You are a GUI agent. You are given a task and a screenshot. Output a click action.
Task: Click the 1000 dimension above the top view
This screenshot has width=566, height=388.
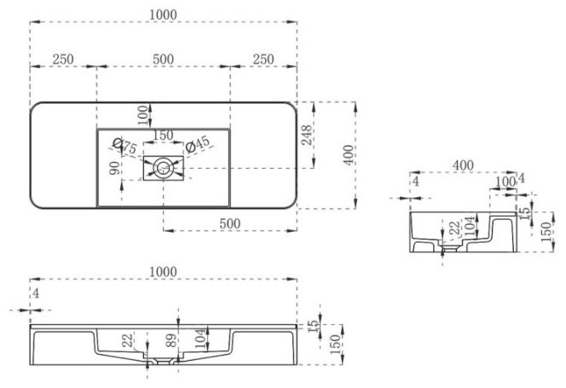click(x=163, y=14)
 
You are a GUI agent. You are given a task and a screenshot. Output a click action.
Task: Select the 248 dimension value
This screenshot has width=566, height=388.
click(x=307, y=135)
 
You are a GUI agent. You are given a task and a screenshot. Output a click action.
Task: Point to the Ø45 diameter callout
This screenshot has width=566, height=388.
click(x=198, y=144)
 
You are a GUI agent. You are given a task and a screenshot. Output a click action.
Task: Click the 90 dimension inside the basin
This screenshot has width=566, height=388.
click(x=115, y=168)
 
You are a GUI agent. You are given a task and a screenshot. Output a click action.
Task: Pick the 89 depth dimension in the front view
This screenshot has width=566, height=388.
click(x=171, y=340)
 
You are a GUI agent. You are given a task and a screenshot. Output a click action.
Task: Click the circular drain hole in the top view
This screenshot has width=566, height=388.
click(x=163, y=168)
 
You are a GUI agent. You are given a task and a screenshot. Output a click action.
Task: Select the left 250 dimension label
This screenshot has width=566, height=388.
click(x=63, y=59)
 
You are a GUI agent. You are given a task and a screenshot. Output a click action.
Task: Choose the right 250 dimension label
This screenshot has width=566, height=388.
click(x=263, y=59)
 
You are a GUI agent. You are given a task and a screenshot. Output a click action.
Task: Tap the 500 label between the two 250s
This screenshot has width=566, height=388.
click(x=163, y=59)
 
